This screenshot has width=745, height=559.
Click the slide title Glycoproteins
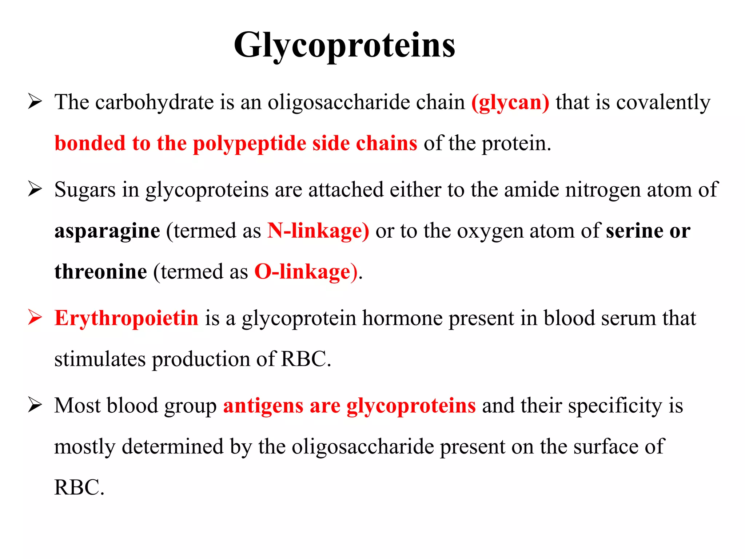pos(344,45)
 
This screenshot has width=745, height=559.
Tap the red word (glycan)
pos(510,102)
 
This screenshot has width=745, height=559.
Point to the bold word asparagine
pos(107,231)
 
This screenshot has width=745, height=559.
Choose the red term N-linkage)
pos(318,231)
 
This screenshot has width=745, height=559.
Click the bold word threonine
pos(100,272)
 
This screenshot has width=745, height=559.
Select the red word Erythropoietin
pos(126,318)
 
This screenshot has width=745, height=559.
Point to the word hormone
pos(402,318)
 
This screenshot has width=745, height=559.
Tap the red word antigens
pos(263,406)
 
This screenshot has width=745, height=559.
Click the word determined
pos(172,447)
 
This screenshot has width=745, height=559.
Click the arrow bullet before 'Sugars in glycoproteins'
pos(35,189)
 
